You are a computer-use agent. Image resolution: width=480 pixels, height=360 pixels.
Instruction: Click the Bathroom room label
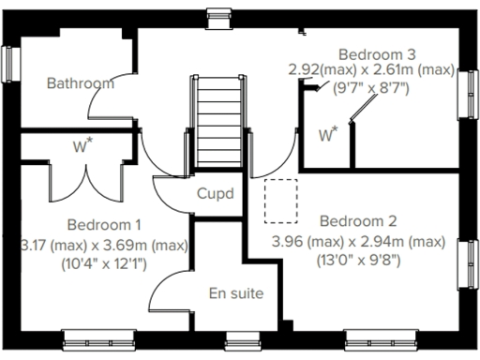pyautogui.click(x=80, y=83)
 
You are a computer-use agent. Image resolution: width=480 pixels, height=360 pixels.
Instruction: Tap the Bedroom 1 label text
pyautogui.click(x=104, y=225)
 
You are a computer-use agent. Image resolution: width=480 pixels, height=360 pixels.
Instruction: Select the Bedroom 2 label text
pyautogui.click(x=358, y=222)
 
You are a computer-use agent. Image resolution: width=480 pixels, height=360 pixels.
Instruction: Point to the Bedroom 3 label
pyautogui.click(x=377, y=53)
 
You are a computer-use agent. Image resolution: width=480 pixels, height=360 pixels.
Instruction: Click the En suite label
pyautogui.click(x=235, y=293)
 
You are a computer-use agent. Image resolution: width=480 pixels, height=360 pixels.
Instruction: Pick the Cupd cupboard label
pyautogui.click(x=215, y=194)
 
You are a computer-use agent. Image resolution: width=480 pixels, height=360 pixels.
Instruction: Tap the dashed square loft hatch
pyautogui.click(x=280, y=202)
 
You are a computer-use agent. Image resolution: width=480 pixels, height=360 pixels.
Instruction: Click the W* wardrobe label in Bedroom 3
pyautogui.click(x=327, y=136)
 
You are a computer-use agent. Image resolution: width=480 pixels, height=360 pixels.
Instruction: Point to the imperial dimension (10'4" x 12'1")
pyautogui.click(x=103, y=262)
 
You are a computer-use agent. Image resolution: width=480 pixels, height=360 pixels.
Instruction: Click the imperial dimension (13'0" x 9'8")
pyautogui.click(x=358, y=260)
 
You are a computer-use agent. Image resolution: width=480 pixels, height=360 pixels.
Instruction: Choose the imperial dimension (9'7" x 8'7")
pyautogui.click(x=372, y=89)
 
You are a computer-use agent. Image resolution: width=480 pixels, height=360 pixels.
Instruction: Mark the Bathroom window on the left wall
pyautogui.click(x=10, y=65)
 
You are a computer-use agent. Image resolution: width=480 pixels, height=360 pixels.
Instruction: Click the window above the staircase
pyautogui.click(x=218, y=13)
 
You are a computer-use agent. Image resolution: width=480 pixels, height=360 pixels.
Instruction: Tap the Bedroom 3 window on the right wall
pyautogui.click(x=466, y=94)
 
